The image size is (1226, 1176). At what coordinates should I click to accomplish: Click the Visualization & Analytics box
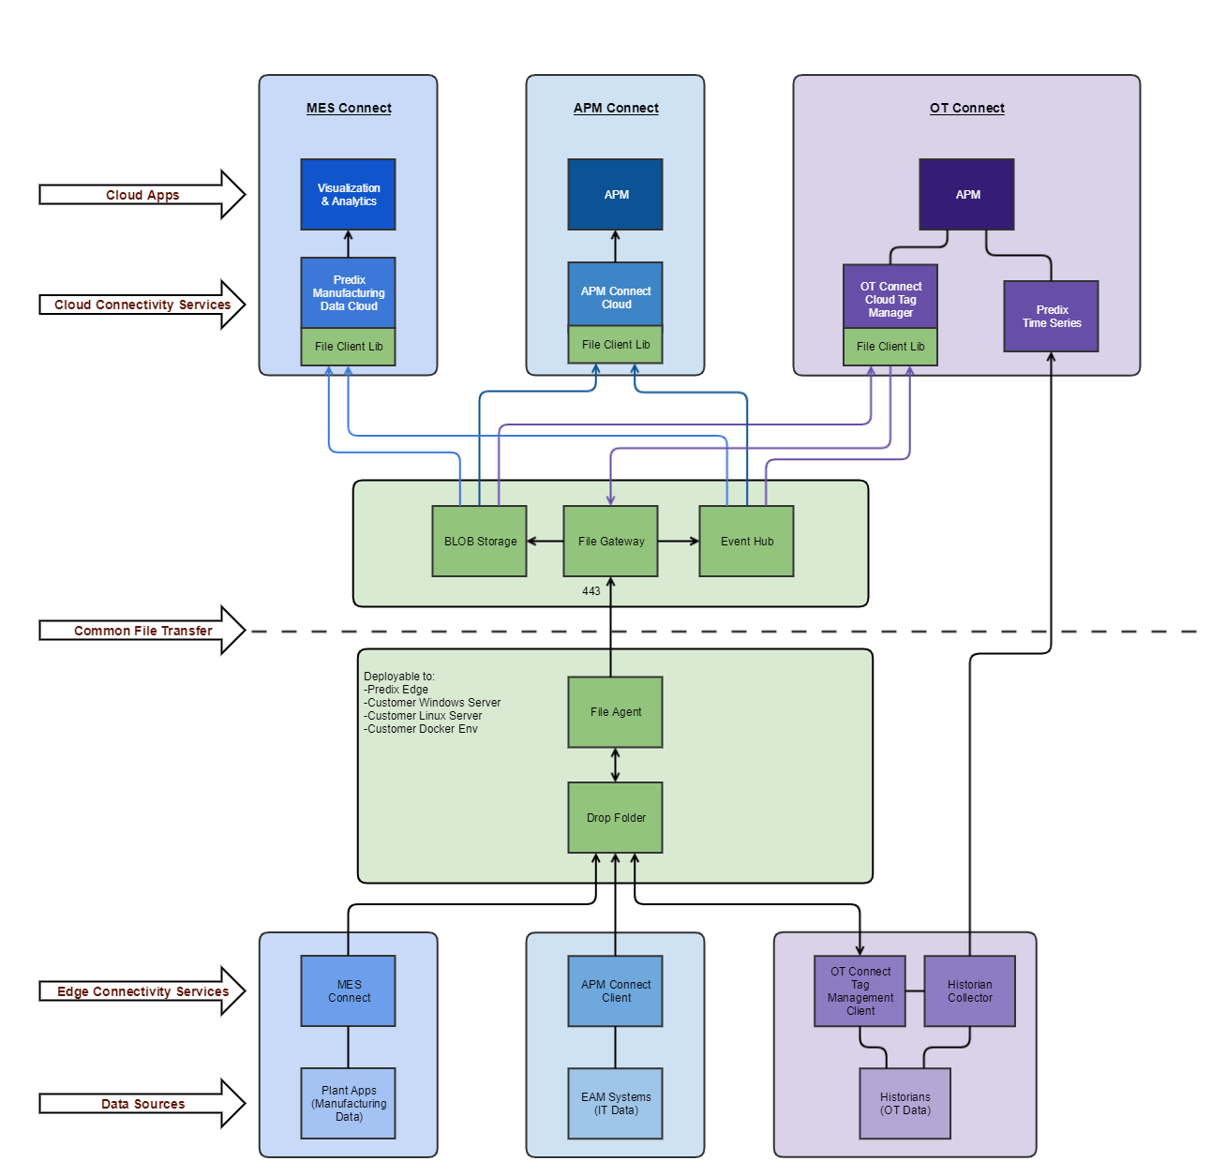point(348,195)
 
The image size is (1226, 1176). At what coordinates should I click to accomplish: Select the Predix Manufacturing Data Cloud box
point(348,292)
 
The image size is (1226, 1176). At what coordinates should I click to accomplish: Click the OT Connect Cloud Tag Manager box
point(890,298)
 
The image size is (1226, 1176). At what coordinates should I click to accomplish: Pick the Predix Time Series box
point(1051,317)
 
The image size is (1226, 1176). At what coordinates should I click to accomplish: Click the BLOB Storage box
point(479,542)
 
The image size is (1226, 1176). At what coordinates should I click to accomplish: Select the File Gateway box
point(610,542)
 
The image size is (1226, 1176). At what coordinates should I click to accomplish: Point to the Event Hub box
point(746,542)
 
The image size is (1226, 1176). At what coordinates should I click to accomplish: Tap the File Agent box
point(615,712)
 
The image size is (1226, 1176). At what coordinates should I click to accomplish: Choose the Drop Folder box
point(615,818)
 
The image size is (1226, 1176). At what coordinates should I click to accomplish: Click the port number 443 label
point(591,591)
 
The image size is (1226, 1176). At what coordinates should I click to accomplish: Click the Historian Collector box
point(969,991)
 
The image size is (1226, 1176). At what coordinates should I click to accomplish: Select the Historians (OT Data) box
point(905,1104)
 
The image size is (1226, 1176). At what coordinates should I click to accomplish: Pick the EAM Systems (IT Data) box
point(615,1104)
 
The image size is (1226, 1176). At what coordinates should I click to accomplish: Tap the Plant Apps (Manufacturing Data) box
point(348,1104)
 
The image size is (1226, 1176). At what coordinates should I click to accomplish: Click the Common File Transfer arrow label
point(142,631)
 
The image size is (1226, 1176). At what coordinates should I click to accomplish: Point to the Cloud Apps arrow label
point(142,195)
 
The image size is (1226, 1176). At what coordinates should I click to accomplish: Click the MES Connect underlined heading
point(349,109)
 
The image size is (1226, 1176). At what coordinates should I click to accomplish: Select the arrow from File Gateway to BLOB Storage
point(545,542)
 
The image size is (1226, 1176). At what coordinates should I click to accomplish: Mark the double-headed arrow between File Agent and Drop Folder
point(615,765)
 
